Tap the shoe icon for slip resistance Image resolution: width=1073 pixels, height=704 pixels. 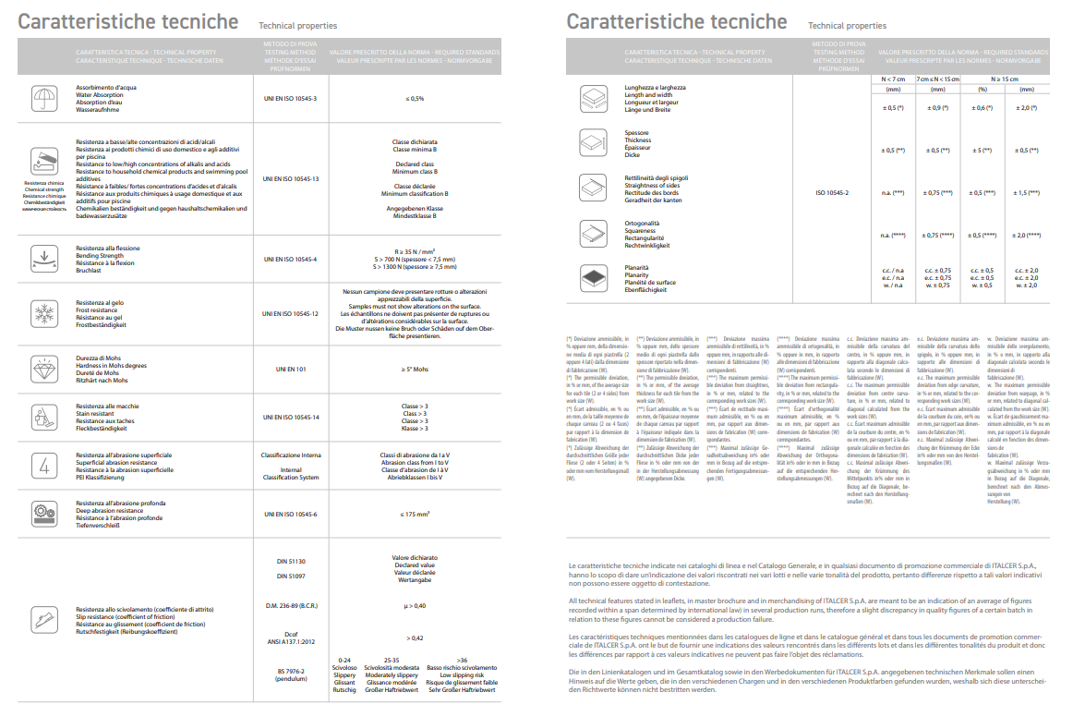coord(42,618)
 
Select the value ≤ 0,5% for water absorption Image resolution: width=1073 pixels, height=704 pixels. coord(415,98)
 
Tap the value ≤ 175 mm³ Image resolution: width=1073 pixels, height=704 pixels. coord(415,514)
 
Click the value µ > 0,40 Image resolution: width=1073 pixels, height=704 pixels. coord(415,605)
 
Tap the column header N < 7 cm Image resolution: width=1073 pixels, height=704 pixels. coord(893,80)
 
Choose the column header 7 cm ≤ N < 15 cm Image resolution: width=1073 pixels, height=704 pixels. coord(937,80)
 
